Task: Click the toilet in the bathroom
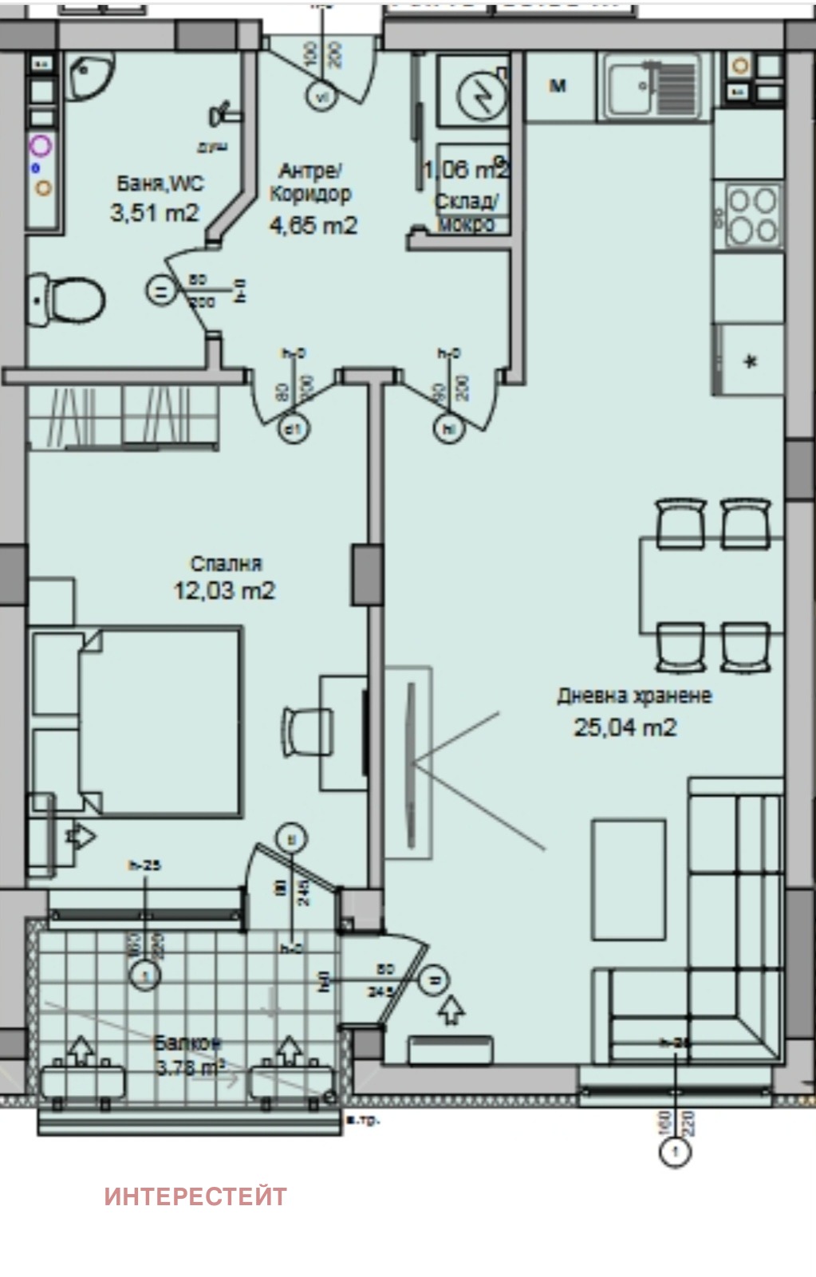pyautogui.click(x=70, y=300)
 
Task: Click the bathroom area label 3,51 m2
pyautogui.click(x=154, y=213)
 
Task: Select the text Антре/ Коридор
pyautogui.click(x=311, y=183)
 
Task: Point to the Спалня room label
pyautogui.click(x=226, y=564)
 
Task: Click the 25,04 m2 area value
pyautogui.click(x=625, y=727)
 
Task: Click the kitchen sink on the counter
pyautogui.click(x=651, y=84)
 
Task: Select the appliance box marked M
pyautogui.click(x=558, y=86)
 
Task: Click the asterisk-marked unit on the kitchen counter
pyautogui.click(x=750, y=361)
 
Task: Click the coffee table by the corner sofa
pyautogui.click(x=629, y=880)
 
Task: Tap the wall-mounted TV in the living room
pyautogui.click(x=411, y=763)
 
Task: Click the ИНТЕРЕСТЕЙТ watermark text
pyautogui.click(x=195, y=1196)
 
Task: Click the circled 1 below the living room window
pyautogui.click(x=676, y=1152)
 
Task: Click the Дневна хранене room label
pyautogui.click(x=634, y=696)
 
